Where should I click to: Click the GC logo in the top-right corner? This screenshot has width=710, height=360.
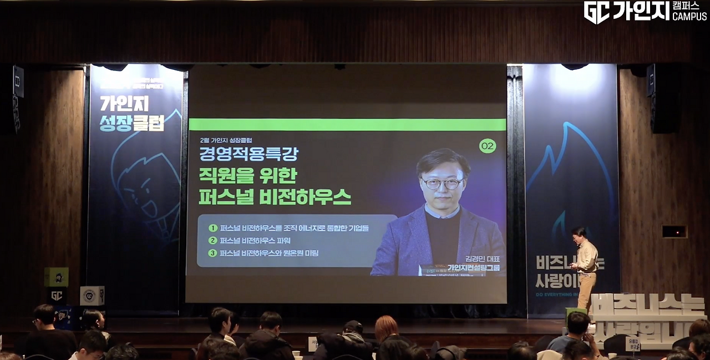coord(596,12)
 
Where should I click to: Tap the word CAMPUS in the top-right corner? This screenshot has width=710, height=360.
coord(689,17)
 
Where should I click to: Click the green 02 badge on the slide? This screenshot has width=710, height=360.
coord(488,146)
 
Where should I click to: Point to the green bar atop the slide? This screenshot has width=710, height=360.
coord(347,124)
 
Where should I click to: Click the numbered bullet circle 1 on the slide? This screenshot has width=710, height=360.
coord(212,228)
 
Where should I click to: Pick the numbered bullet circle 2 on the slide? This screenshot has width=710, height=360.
coord(212,241)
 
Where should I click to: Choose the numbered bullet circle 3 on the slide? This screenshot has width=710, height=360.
coord(212,253)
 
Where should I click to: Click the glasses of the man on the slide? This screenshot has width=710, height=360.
coord(442,182)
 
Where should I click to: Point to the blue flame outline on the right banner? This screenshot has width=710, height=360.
coord(571,183)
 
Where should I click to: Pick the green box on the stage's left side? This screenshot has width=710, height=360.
coord(56,276)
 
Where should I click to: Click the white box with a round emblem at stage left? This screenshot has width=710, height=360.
coord(92,296)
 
